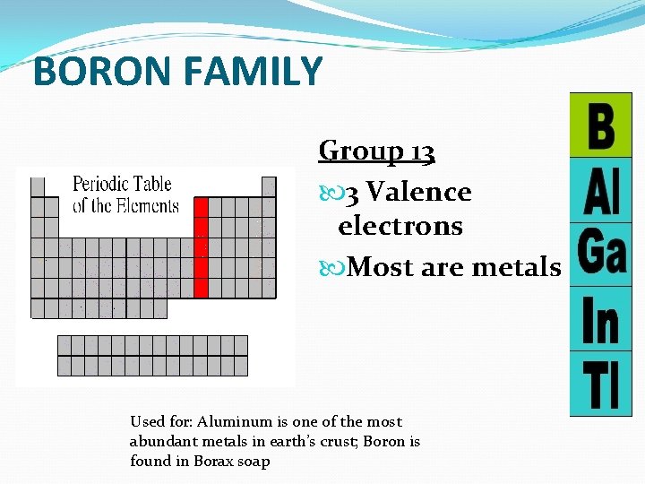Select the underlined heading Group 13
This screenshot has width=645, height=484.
tap(377, 151)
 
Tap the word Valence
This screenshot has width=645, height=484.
tap(419, 192)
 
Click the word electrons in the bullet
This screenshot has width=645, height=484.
tap(400, 226)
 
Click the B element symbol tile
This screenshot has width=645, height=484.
tap(601, 125)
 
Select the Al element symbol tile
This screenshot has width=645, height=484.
tap(601, 190)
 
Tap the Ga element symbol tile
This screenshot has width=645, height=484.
tap(601, 255)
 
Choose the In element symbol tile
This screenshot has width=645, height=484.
tap(601, 319)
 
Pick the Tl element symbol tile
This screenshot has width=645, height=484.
tap(601, 384)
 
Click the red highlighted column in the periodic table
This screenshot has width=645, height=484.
tap(202, 247)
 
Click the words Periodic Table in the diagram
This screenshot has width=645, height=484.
tap(122, 185)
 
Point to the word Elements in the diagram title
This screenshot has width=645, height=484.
tap(148, 205)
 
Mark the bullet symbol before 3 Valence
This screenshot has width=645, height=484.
tap(327, 193)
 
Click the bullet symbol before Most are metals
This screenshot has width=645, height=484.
tap(327, 267)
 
